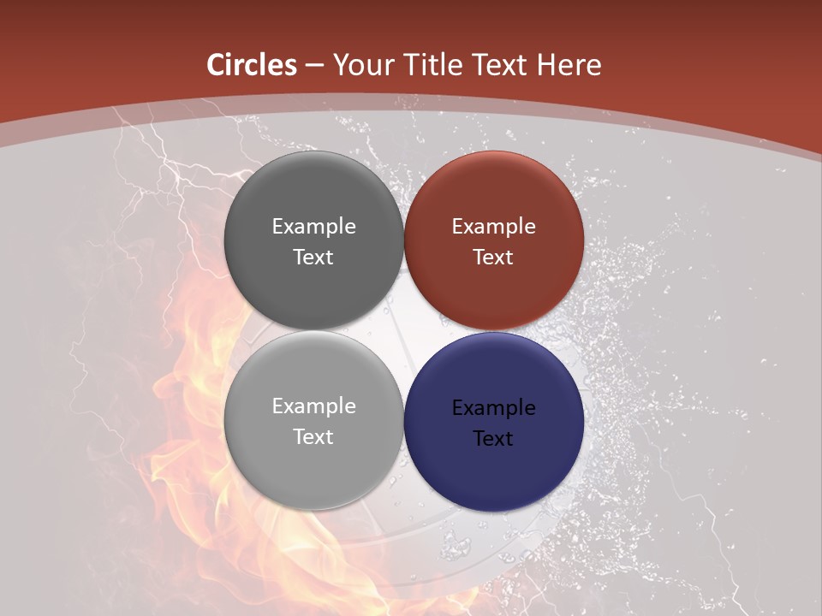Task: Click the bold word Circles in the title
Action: point(252,65)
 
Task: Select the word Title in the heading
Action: point(437,65)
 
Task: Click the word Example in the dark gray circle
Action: point(313,227)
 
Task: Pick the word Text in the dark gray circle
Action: point(313,258)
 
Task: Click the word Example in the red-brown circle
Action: point(494,227)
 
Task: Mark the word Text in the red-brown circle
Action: point(494,258)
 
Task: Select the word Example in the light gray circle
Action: point(313,406)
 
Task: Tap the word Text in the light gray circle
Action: point(313,437)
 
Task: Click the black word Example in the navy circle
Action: point(494,408)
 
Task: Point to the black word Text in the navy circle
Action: point(494,439)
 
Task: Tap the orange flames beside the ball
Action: point(184,402)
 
